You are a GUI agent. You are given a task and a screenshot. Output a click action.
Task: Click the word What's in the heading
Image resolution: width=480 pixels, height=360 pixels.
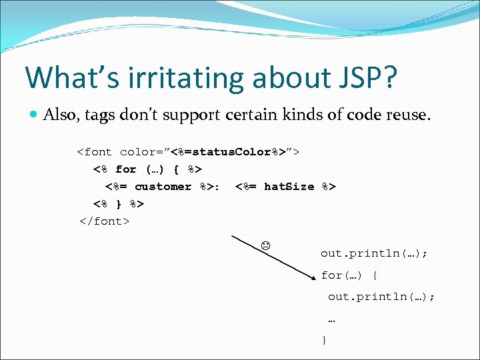(63, 77)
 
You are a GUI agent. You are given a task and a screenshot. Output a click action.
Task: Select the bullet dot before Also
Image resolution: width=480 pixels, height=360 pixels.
(33, 115)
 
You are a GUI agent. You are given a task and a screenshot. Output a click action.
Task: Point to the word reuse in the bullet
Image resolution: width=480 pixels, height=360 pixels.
(407, 115)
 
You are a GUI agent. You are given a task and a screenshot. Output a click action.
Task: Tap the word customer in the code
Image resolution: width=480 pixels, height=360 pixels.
(163, 187)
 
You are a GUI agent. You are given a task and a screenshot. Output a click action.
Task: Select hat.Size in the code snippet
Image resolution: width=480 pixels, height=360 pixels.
(289, 187)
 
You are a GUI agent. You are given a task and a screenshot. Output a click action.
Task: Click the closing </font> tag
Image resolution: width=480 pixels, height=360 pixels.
(104, 221)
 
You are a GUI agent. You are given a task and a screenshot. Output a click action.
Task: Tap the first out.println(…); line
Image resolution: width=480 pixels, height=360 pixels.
(374, 253)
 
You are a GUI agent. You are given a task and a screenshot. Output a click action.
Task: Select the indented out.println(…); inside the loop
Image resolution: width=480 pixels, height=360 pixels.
(381, 297)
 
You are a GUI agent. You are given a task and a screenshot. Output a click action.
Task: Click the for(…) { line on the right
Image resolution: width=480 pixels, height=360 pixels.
(349, 275)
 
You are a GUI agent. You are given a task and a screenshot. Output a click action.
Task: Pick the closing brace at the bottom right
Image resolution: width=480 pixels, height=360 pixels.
(324, 340)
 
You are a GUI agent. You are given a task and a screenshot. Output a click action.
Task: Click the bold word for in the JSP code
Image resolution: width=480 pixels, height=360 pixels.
(125, 169)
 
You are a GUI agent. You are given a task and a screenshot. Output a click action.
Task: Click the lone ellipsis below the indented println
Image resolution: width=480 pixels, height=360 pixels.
(331, 319)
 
